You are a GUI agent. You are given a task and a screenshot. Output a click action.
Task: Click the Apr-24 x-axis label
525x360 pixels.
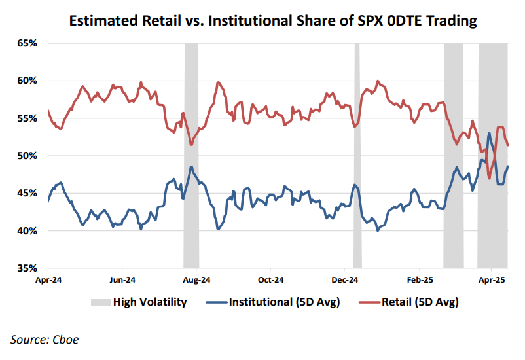tap(48, 279)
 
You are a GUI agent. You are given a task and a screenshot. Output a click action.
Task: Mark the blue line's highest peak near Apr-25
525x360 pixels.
tap(490, 134)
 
